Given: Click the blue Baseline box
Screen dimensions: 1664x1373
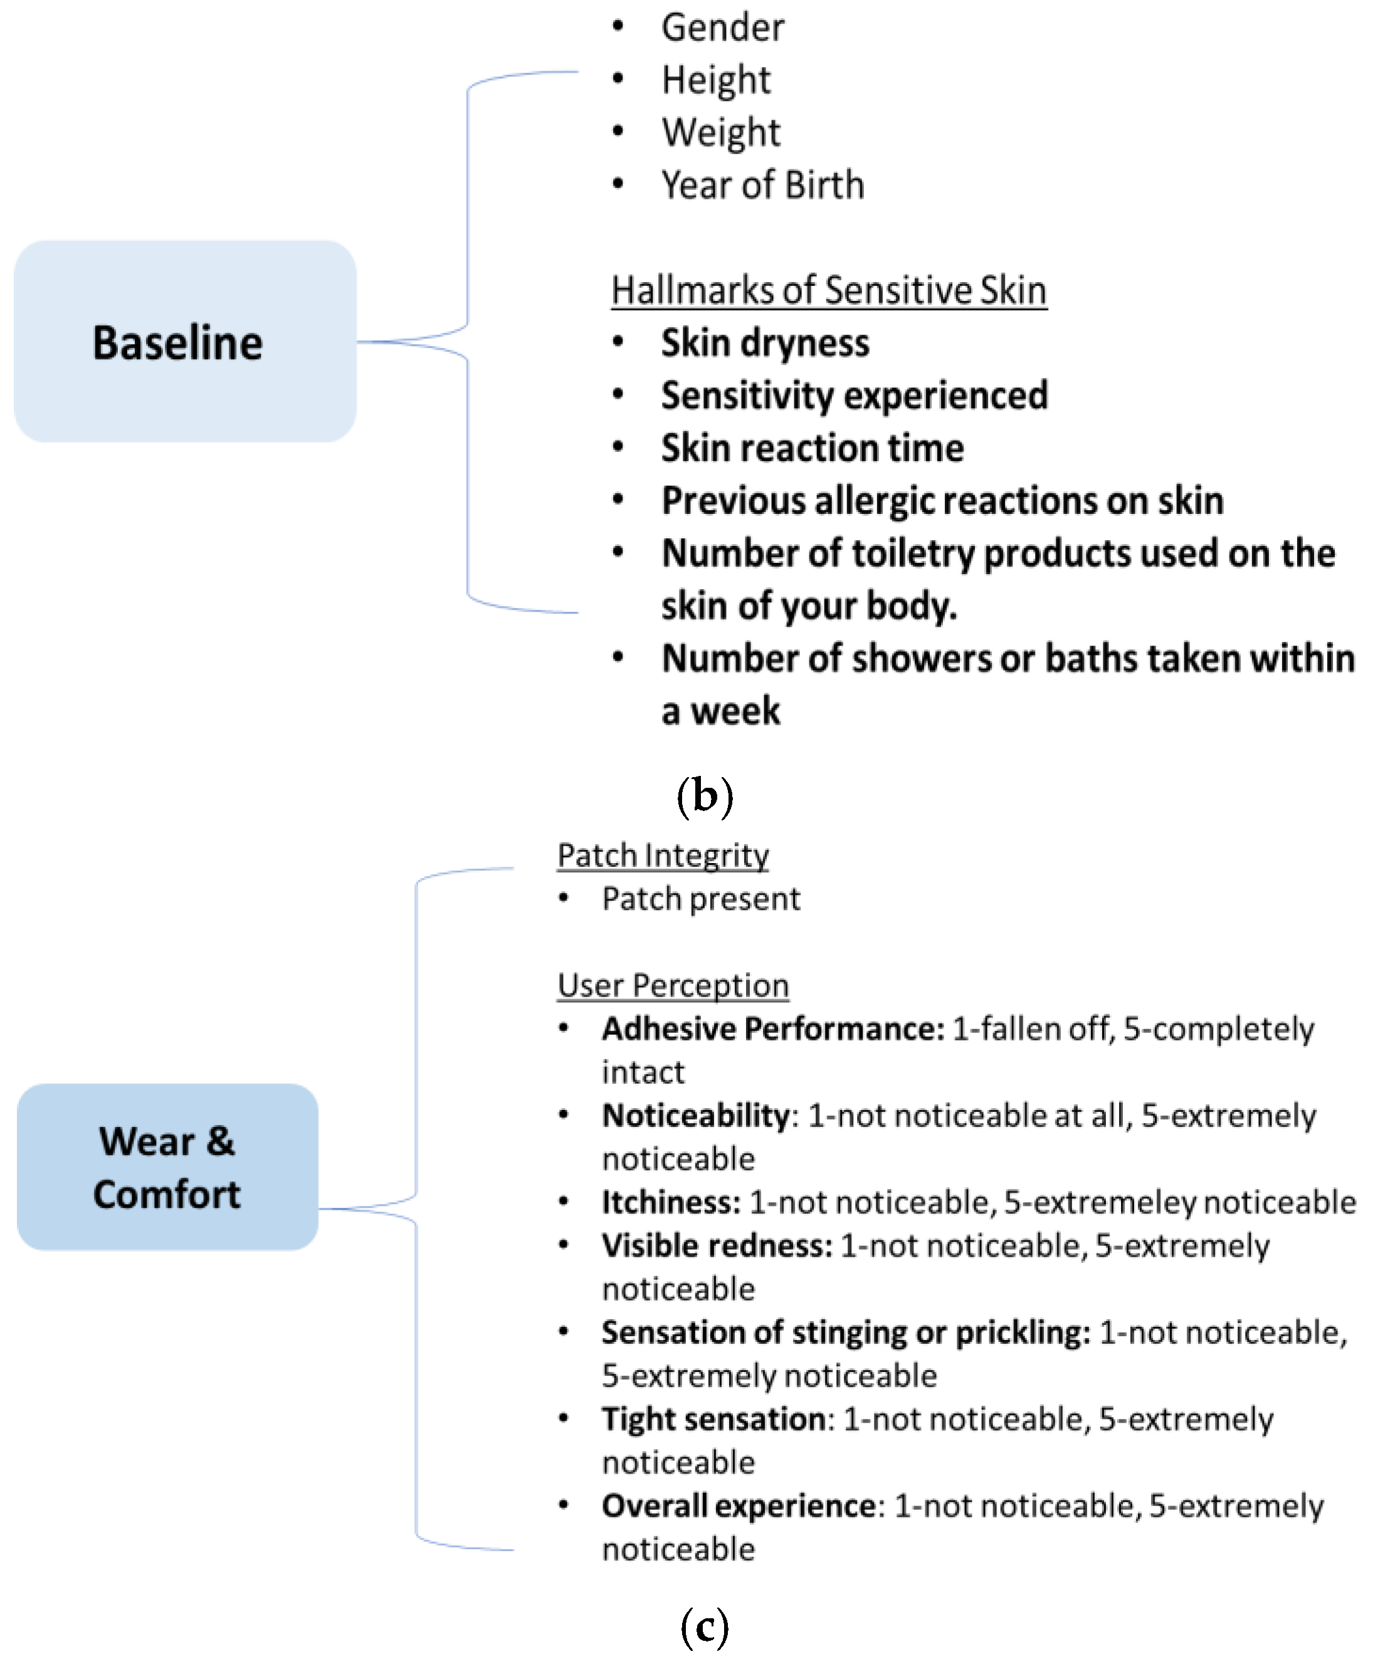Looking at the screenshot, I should [184, 342].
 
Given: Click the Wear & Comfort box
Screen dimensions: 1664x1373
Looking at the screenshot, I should [167, 1167].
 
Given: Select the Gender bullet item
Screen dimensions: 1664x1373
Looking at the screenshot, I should [722, 28].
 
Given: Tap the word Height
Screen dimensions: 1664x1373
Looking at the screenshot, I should [716, 80].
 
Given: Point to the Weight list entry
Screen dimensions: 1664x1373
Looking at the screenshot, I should [720, 132].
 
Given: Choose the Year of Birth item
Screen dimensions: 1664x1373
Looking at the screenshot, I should [762, 185].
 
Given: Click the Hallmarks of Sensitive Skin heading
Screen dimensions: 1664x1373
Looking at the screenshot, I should [829, 290].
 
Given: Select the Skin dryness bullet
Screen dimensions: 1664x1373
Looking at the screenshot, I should [765, 343].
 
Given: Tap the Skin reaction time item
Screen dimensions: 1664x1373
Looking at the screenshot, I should [813, 448].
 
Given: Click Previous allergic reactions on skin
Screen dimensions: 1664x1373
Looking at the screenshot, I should [942, 500].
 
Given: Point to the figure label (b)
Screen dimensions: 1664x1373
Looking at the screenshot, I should [705, 796].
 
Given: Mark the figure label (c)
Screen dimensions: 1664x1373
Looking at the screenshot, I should [704, 1627].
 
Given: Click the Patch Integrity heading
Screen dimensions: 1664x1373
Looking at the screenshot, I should [663, 856].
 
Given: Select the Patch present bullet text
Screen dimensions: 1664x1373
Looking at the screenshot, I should [701, 899].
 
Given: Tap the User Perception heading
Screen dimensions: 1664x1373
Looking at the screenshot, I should [673, 986].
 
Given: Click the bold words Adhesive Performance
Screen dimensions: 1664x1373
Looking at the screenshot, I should [773, 1029].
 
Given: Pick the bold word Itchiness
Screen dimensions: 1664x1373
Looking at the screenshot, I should [671, 1202].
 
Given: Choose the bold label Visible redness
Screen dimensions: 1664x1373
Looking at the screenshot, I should [717, 1246].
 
